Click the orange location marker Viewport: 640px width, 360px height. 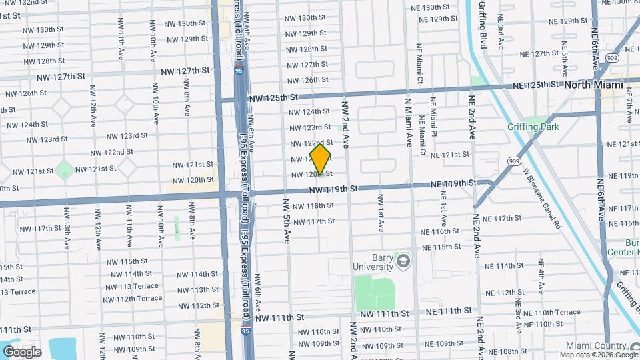pos(321,160)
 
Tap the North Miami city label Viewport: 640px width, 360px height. pos(593,85)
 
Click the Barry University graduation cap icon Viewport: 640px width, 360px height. pos(402,260)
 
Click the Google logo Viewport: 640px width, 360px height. pos(22,351)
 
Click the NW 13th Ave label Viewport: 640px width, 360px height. pos(67,228)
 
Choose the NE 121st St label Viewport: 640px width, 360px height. pos(450,154)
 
